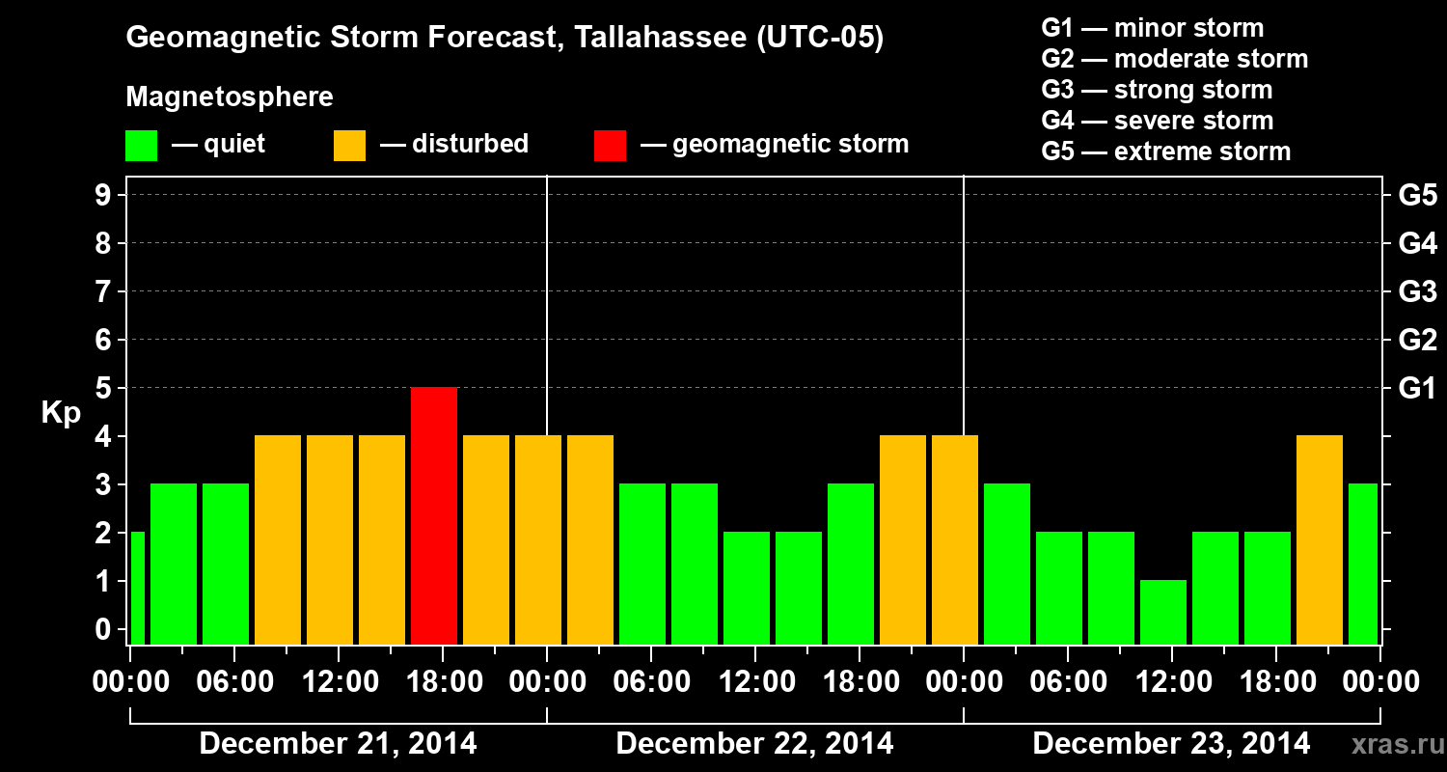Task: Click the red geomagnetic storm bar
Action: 434,515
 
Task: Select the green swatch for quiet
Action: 141,145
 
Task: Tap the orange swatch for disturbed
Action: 349,145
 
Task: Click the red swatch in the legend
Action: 610,145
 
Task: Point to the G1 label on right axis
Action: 1417,388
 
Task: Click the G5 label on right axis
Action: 1417,195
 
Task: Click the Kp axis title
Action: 61,413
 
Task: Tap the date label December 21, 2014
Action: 338,744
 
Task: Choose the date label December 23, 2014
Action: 1171,744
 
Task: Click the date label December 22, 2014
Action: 754,744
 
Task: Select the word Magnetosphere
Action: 230,97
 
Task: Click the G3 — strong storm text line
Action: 1157,90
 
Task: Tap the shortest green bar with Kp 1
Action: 1163,612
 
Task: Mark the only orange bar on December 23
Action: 1320,539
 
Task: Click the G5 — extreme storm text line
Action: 1165,152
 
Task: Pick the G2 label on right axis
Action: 1417,340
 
